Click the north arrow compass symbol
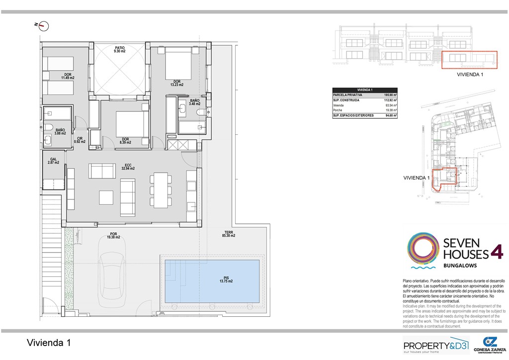click(43, 25)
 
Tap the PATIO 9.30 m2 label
click(119, 49)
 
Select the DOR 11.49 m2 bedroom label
click(68, 76)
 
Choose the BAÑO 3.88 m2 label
click(61, 131)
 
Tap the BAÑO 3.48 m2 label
click(194, 102)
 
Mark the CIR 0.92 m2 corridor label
click(80, 140)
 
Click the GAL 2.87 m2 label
click(53, 161)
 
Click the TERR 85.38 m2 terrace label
click(229, 234)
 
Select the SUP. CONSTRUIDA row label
click(348, 100)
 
